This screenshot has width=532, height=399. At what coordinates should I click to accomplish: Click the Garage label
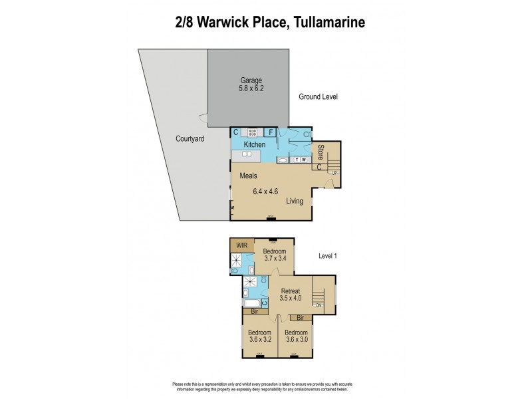click(x=251, y=80)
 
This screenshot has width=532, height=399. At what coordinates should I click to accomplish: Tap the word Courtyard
click(x=190, y=139)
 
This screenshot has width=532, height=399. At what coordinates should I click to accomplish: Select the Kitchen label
click(x=255, y=144)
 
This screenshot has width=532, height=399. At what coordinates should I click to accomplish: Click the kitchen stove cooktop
click(x=252, y=132)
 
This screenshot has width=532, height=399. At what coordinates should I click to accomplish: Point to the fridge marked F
click(x=271, y=132)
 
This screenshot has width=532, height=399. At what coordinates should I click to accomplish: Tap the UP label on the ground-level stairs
click(x=334, y=173)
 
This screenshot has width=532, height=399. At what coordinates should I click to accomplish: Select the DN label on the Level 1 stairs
click(x=319, y=305)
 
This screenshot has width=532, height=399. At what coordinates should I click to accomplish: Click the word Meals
click(x=249, y=176)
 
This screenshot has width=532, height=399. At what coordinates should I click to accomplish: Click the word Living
click(x=295, y=201)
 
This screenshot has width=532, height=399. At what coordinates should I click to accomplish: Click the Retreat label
click(x=291, y=291)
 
